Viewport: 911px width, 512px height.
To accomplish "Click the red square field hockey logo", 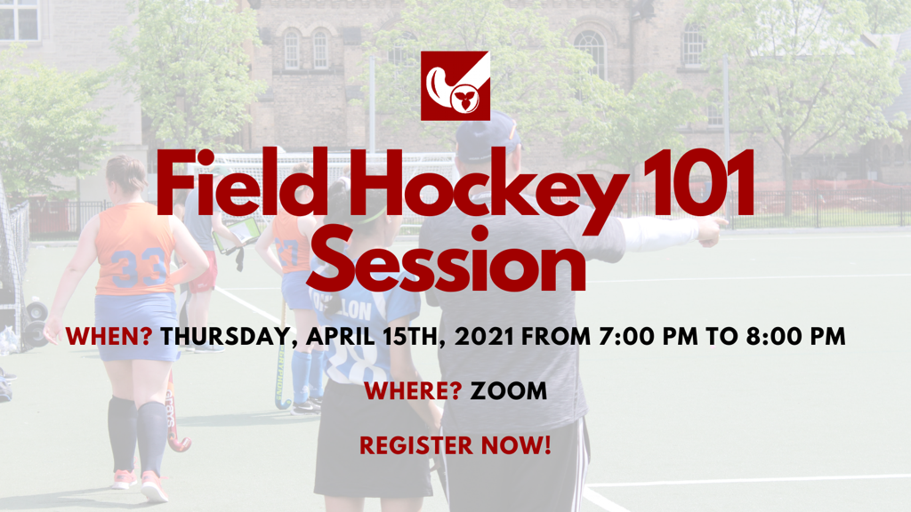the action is click(x=455, y=86).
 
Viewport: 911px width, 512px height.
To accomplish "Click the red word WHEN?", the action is click(x=109, y=337).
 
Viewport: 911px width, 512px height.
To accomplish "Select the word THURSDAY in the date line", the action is click(x=229, y=338).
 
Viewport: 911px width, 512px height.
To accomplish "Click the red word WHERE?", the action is click(x=413, y=391).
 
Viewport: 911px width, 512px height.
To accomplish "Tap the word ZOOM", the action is click(x=509, y=391).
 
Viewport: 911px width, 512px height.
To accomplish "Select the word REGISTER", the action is click(x=416, y=446).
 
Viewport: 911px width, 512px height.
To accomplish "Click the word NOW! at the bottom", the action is click(x=516, y=446).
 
